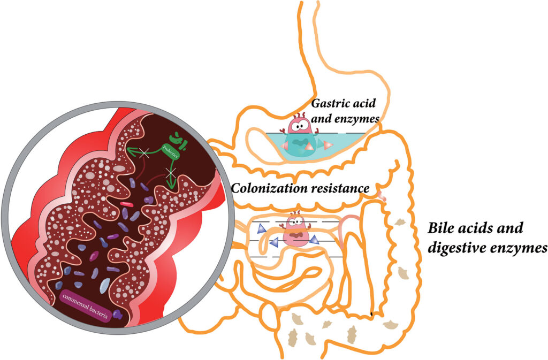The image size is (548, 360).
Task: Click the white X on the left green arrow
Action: (x=142, y=154)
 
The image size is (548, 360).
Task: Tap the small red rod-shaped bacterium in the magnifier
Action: (x=126, y=204)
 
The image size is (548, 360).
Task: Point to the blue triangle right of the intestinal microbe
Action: (x=314, y=240)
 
